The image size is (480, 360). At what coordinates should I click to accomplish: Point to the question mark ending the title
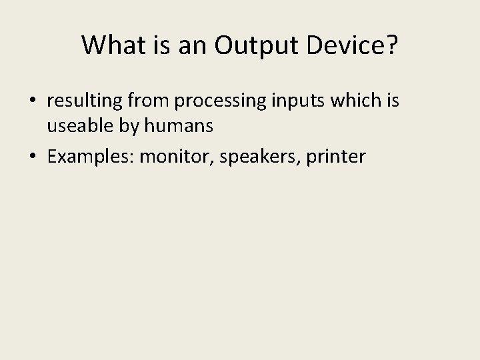tap(391, 45)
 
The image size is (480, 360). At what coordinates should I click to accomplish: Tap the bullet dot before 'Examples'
tap(33, 157)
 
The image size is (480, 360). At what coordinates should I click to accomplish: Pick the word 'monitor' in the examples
tap(174, 157)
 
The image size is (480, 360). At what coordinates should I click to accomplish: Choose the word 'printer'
tap(335, 157)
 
